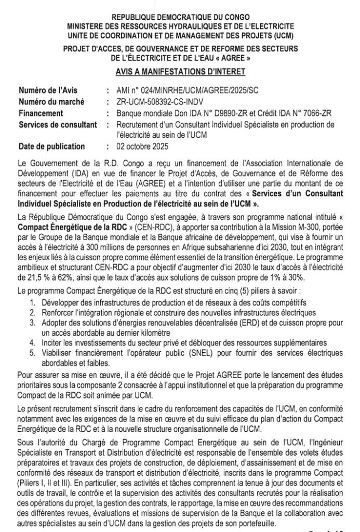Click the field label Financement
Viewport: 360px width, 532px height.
point(41,113)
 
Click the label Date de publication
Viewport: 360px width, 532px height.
point(52,146)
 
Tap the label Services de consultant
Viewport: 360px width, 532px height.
point(58,124)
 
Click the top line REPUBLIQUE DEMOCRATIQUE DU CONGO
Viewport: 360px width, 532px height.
point(180,18)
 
